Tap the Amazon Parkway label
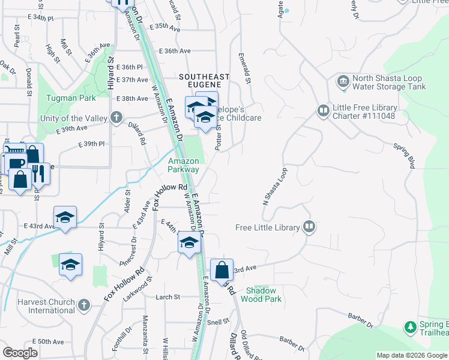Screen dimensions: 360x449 click(183, 165)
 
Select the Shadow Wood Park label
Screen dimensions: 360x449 click(261, 294)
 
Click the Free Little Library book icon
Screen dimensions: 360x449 click(309, 226)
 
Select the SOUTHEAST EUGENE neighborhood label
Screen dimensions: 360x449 click(205, 81)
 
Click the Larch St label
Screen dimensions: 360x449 click(167, 297)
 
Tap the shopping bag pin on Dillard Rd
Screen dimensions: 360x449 click(221, 270)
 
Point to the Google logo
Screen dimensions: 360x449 click(20, 353)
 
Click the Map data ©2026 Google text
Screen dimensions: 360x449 click(411, 355)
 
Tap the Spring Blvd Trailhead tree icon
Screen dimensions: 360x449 click(411, 327)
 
